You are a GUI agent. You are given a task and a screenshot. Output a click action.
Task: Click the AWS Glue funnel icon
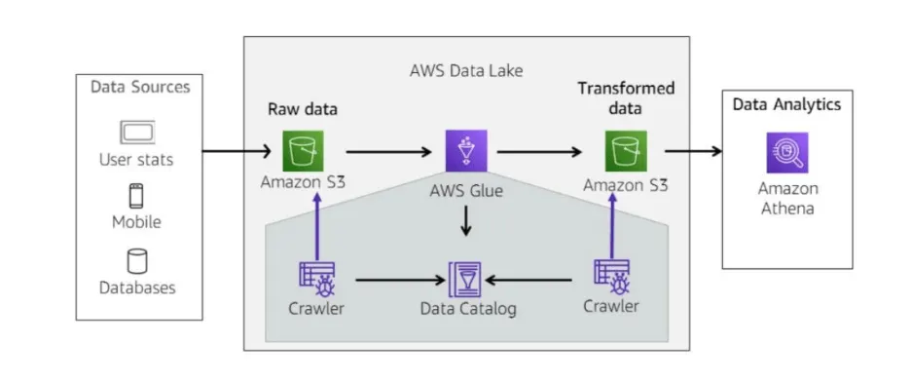[x=466, y=151]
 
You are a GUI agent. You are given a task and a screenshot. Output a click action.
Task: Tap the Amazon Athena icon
[x=787, y=153]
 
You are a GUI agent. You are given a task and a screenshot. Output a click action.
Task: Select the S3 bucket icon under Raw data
[x=303, y=151]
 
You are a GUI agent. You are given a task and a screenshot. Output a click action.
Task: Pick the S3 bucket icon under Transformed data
[x=625, y=151]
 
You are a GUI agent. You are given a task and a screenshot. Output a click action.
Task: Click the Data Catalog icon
[x=465, y=280]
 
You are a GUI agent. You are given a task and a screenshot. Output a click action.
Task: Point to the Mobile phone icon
[x=136, y=196]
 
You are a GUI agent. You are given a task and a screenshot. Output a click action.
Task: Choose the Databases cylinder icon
[x=137, y=261]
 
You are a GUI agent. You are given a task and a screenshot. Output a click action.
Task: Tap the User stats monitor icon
[x=137, y=133]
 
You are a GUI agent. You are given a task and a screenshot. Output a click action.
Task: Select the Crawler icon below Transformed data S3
[x=612, y=278]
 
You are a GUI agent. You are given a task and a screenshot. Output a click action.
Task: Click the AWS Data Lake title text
[x=466, y=71]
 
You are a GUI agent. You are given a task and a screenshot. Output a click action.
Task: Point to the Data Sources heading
[x=140, y=88]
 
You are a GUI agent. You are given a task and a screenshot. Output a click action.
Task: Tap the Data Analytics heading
[x=786, y=104]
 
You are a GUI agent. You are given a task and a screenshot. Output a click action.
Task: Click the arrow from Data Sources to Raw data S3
[x=237, y=151]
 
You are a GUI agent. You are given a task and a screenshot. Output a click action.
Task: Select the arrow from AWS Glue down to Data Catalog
[x=465, y=220]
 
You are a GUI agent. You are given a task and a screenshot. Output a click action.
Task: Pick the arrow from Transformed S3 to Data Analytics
[x=693, y=151]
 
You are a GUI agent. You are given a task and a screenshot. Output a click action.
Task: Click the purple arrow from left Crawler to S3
[x=317, y=226]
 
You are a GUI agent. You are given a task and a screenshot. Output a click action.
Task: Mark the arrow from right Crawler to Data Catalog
[x=529, y=280]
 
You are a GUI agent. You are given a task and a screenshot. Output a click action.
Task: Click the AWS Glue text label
[x=466, y=190]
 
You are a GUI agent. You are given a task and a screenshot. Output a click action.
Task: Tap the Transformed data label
[x=626, y=97]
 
